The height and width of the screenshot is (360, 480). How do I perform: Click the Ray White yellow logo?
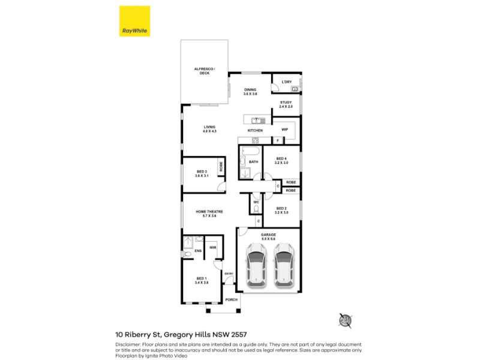134,21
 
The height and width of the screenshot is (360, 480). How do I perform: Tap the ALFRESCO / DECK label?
205,71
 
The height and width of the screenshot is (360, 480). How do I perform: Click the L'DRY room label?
287,82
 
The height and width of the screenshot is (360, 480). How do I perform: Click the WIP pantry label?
284,130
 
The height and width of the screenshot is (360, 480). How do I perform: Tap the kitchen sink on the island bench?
259,121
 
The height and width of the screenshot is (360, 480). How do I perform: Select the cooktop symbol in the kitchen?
255,140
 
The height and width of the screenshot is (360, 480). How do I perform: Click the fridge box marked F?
278,140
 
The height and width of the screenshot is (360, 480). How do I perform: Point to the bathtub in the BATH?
251,151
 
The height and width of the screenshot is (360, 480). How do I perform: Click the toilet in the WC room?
256,209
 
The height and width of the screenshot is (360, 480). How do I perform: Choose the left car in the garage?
256,265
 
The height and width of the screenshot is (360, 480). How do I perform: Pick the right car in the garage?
283,265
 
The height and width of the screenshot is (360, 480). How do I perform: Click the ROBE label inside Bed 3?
221,167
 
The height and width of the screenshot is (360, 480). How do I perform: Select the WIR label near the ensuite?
213,247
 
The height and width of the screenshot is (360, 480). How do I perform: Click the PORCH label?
232,299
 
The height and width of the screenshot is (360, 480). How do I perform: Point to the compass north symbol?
346,320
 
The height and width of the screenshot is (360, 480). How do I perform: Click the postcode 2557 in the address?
239,335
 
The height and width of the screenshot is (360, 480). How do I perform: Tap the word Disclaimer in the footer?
128,344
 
